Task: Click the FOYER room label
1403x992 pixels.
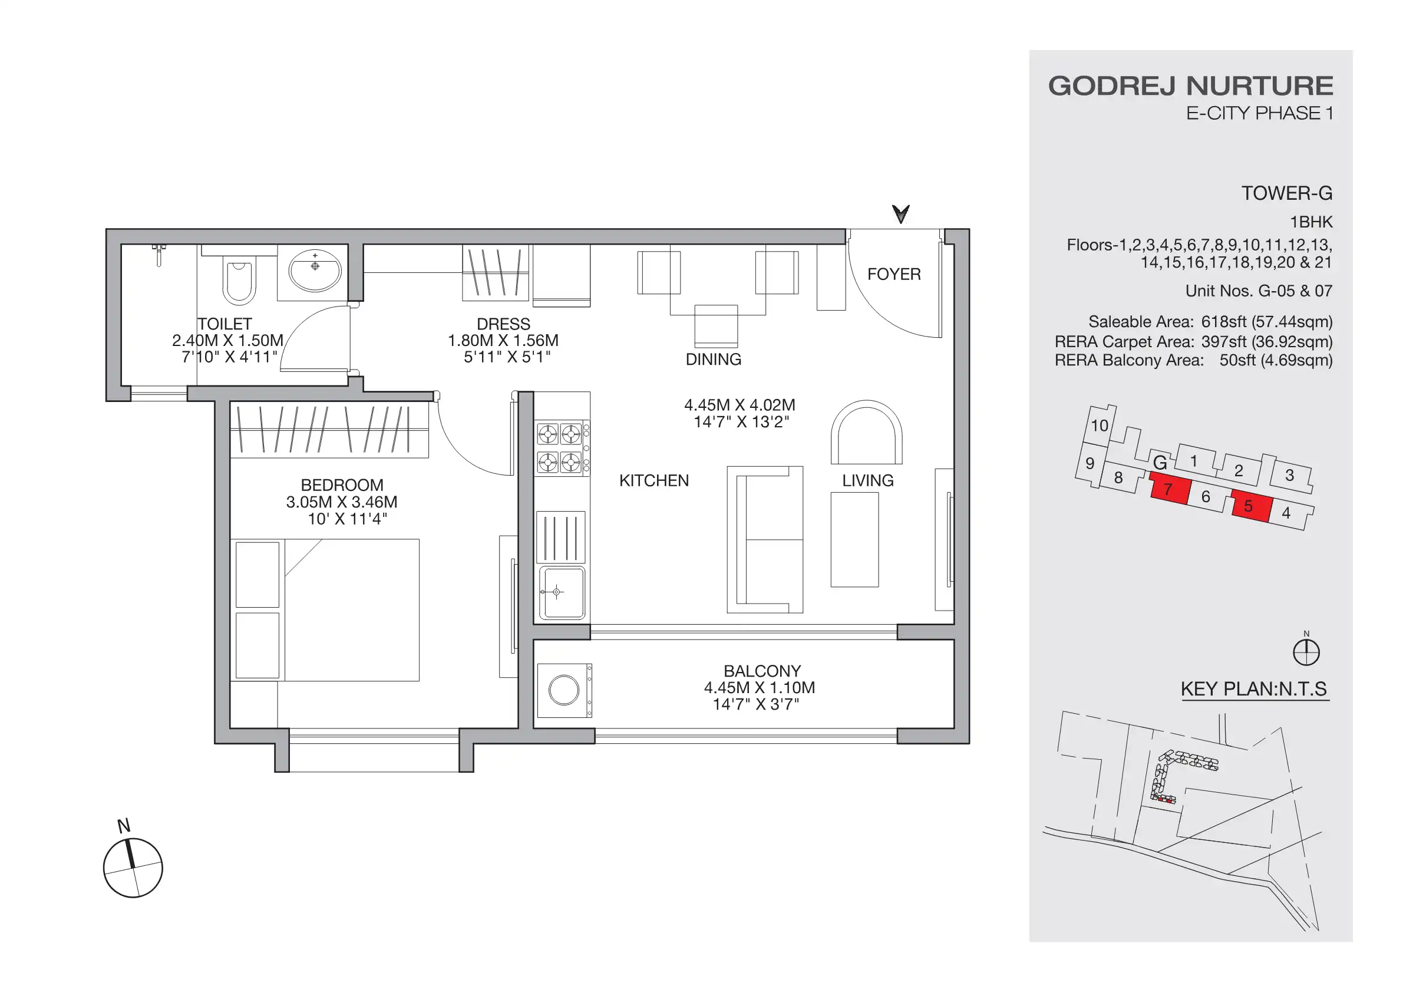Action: coord(893,275)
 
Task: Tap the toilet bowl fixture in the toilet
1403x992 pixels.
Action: coord(239,281)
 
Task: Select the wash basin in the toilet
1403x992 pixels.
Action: coord(315,271)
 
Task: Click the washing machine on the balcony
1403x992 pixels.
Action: coord(564,691)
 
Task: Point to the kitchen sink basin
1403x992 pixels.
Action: coord(562,592)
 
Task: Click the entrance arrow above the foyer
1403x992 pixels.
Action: coord(900,214)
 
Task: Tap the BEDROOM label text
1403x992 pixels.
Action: coord(342,485)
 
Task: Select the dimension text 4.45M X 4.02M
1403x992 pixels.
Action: coord(740,406)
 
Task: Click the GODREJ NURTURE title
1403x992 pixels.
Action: coord(1190,86)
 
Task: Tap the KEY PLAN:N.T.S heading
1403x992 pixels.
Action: coord(1254,690)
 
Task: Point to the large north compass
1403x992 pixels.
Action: coord(133,867)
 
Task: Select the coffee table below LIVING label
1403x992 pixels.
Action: coord(854,540)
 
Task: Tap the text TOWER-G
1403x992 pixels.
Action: coord(1286,194)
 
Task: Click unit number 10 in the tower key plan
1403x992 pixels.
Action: coord(1100,426)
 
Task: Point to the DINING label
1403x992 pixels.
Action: coord(713,360)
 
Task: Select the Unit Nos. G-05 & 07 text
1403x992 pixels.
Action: coord(1258,291)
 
